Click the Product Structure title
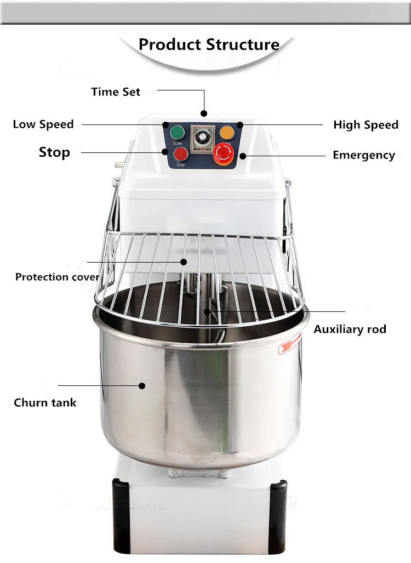[x=209, y=44]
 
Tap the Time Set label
[x=116, y=92]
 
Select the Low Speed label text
[x=43, y=124]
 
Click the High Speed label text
[x=366, y=125]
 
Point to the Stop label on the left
[x=54, y=152]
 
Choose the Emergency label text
[x=364, y=155]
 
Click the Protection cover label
[x=58, y=277]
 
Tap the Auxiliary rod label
[x=350, y=329]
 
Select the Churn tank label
[x=45, y=402]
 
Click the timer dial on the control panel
[x=199, y=135]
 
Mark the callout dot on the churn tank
[x=142, y=385]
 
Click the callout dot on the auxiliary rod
[x=207, y=312]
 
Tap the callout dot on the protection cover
[x=184, y=262]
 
